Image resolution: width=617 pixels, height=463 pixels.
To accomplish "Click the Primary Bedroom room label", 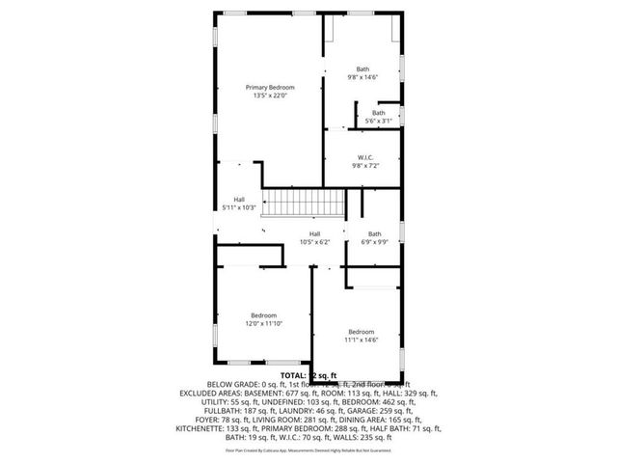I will click(269, 87).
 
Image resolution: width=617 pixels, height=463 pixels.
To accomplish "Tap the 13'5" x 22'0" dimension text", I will click(269, 95).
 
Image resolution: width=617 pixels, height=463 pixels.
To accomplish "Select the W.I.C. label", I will click(364, 157).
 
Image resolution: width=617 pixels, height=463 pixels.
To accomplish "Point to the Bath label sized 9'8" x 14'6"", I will click(362, 68).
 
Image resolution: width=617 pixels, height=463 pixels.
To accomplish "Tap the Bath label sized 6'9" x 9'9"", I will click(374, 233).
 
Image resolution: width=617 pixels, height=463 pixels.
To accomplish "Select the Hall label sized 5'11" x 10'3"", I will click(238, 200).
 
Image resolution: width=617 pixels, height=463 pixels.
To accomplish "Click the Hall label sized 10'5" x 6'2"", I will click(314, 233).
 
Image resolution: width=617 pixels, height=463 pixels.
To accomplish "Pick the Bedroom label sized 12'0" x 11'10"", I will click(264, 315).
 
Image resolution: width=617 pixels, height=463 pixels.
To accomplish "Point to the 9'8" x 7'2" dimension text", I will click(364, 166).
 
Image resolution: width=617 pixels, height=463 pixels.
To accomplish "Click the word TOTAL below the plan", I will click(293, 374).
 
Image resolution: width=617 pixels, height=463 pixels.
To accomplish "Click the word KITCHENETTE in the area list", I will click(200, 427).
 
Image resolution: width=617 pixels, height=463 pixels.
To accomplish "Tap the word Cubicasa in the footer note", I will click(289, 449).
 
